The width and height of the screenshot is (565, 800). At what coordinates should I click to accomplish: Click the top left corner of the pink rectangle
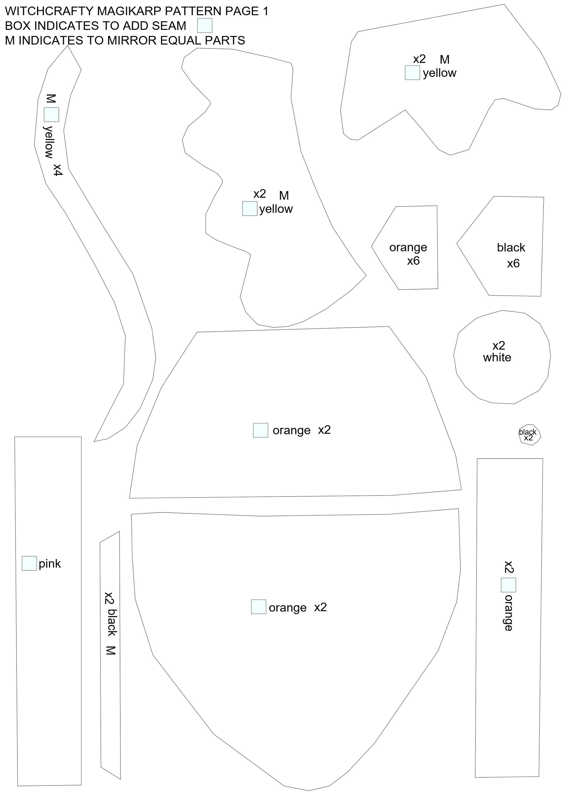[x=15, y=437]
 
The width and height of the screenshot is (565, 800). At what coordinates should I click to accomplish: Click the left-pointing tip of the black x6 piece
[x=457, y=243]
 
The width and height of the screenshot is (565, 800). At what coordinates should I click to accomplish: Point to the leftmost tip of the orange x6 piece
[x=371, y=246]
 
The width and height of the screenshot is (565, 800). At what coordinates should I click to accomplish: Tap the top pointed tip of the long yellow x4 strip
[x=68, y=46]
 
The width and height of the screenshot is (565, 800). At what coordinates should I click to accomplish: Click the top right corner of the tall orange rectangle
[x=543, y=459]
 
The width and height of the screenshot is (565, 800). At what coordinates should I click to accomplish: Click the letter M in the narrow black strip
[x=110, y=650]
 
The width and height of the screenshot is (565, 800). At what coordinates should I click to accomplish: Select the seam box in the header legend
[x=205, y=25]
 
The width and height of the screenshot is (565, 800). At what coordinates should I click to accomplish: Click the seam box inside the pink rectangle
[x=29, y=563]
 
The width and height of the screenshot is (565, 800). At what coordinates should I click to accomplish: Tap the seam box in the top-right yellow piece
[x=412, y=72]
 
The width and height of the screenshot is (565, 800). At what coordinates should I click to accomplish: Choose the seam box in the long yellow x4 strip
[x=51, y=114]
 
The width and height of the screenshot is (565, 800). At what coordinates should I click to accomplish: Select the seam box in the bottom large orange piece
[x=259, y=606]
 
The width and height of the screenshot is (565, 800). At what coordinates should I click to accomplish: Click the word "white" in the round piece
[x=497, y=358]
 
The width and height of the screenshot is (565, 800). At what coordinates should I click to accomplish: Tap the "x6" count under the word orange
[x=413, y=261]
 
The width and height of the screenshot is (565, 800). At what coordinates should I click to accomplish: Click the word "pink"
[x=50, y=564]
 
